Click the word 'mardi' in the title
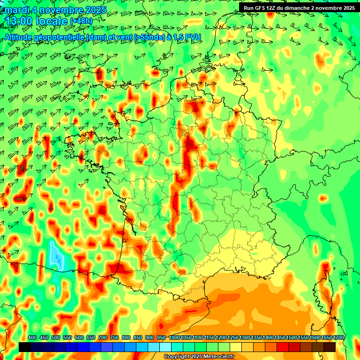point(16,10)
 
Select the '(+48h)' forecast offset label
point(81,21)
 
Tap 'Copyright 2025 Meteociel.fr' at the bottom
point(199,357)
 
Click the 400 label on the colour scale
point(32,338)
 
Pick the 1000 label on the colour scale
point(174,338)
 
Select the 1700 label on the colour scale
point(338,338)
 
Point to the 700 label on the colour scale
point(103,338)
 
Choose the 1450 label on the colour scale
point(280,338)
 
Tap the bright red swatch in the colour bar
point(283,347)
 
